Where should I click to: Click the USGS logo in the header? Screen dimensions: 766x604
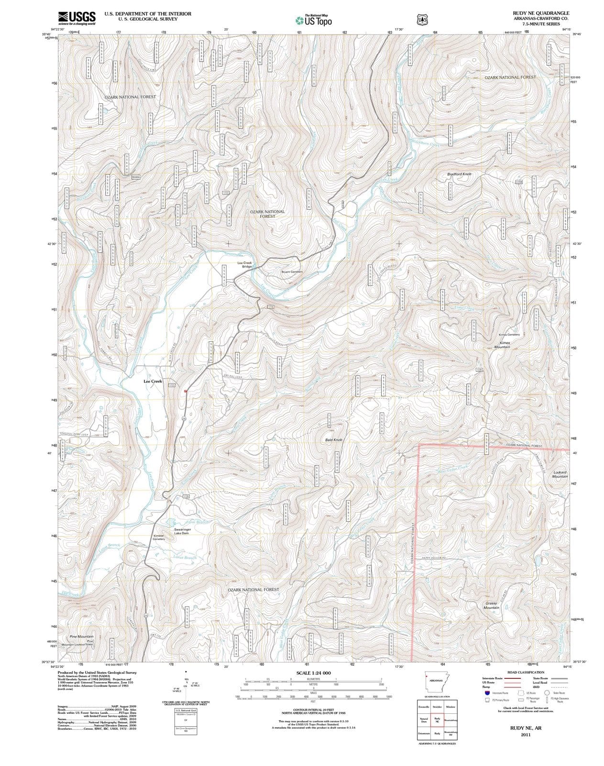(77, 18)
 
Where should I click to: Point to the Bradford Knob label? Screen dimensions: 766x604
(459, 174)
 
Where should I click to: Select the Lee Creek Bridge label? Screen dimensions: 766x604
(244, 264)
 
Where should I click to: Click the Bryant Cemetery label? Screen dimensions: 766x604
(292, 272)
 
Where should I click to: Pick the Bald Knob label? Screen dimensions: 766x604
(334, 439)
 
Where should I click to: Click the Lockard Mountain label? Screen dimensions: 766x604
(560, 474)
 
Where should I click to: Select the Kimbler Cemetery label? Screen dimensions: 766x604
(159, 537)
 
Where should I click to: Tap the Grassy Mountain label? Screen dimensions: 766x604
(491, 606)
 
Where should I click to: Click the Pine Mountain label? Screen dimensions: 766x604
(81, 637)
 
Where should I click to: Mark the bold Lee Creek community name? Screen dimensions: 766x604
(153, 382)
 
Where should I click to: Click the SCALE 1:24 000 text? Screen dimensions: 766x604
(313, 673)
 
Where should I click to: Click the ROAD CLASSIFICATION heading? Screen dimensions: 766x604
(524, 672)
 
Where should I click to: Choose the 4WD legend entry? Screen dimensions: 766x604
(536, 687)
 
